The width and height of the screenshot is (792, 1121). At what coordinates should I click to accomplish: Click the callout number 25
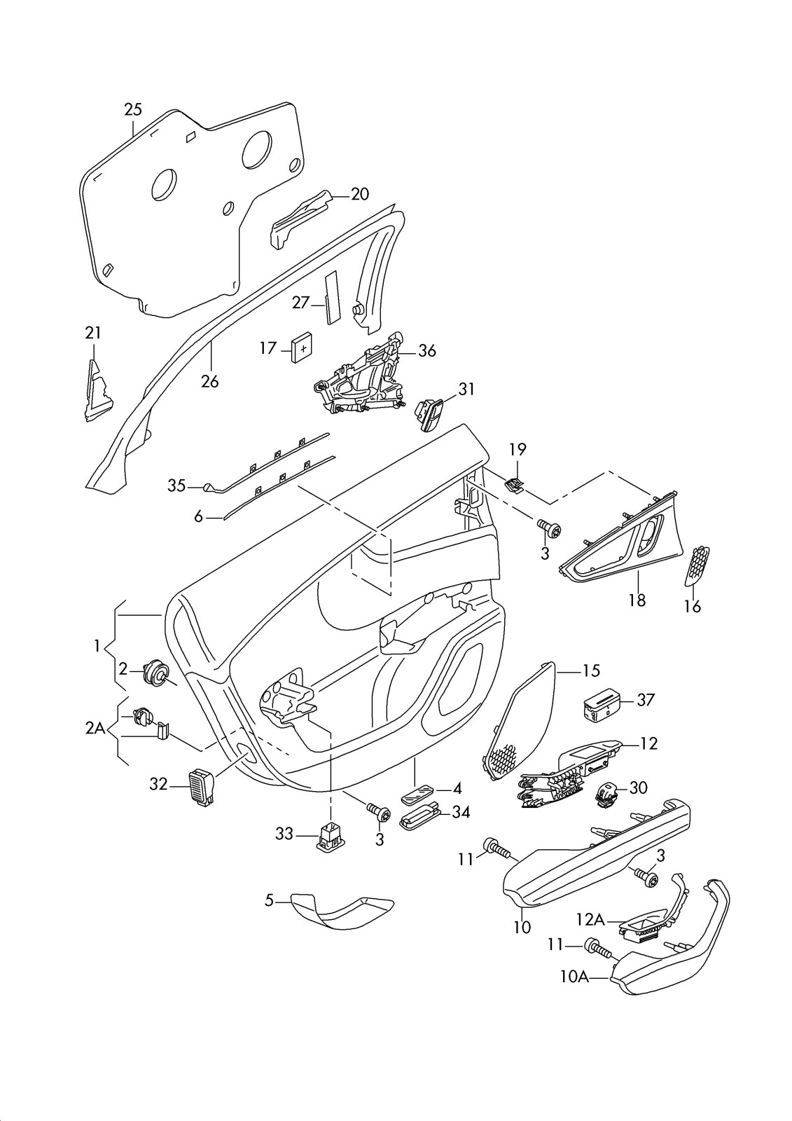point(133,109)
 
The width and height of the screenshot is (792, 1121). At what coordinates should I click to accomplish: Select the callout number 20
point(359,194)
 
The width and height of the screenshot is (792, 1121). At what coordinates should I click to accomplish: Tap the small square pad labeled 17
point(302,347)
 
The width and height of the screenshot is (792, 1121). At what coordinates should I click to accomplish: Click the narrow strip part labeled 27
point(331,298)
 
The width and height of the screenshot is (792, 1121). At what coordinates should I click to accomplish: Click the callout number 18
point(637,600)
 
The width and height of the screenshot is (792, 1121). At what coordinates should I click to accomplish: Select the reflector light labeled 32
point(200,787)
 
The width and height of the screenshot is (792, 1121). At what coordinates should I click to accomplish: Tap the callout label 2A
point(95,729)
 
